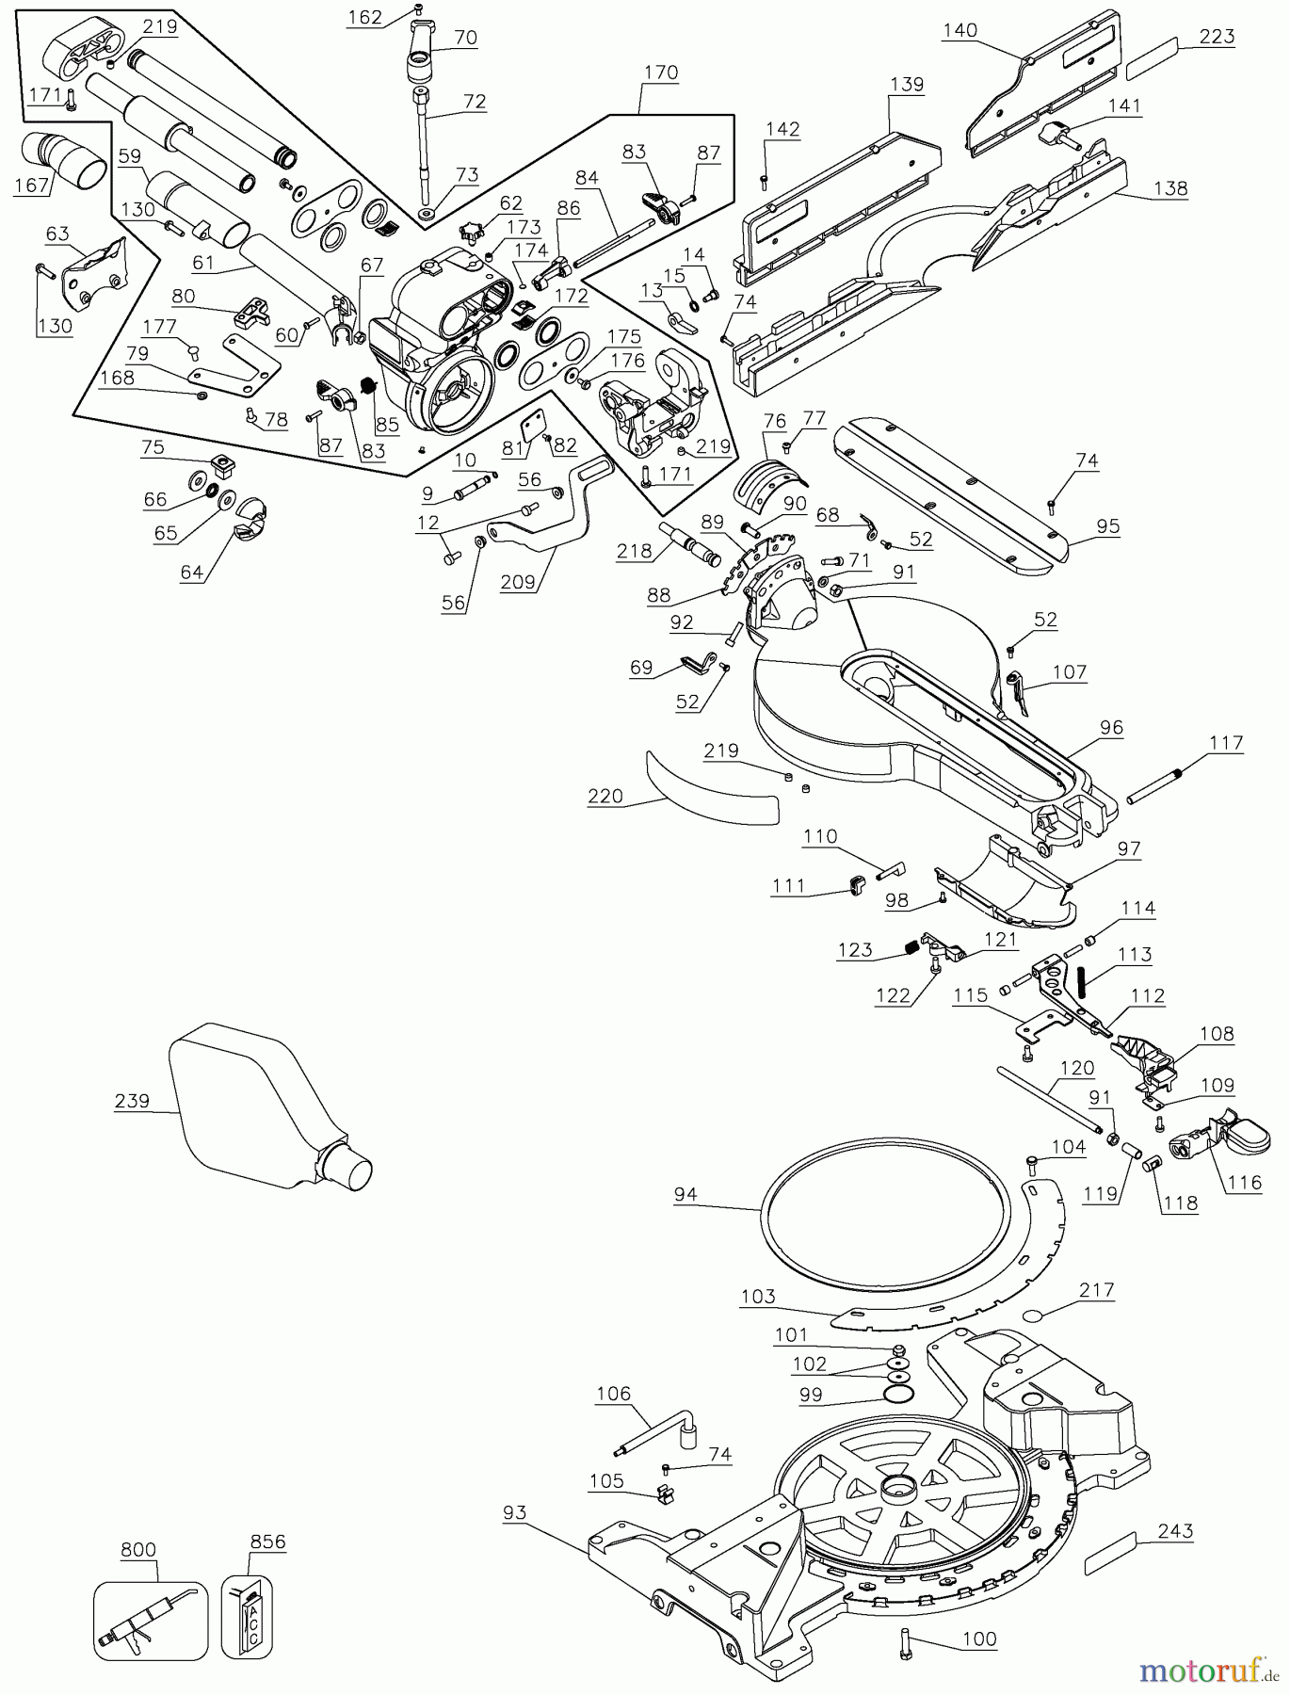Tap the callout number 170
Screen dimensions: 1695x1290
(x=660, y=73)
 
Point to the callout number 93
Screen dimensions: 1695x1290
(x=514, y=1513)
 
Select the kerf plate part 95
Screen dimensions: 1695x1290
(x=951, y=499)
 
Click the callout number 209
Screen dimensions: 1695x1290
(x=518, y=583)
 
